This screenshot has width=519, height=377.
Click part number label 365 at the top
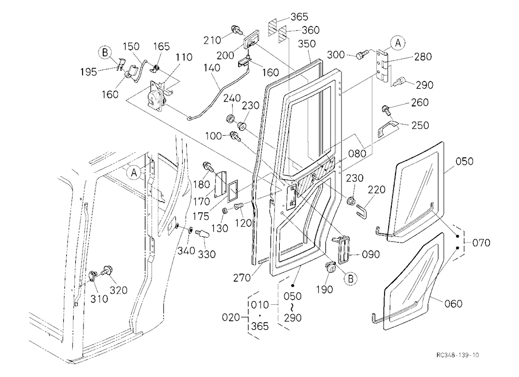point(299,17)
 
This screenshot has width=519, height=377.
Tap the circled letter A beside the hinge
point(398,43)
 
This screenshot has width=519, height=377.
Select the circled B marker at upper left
point(105,52)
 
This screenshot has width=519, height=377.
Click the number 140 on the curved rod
point(212,68)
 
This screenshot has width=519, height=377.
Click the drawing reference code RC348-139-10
point(457,355)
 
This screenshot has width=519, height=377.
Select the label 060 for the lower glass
point(454,303)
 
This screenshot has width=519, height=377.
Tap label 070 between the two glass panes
point(481,243)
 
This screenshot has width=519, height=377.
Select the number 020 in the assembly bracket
point(231,317)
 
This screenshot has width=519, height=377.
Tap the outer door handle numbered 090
point(342,248)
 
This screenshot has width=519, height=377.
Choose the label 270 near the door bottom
point(242,278)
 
